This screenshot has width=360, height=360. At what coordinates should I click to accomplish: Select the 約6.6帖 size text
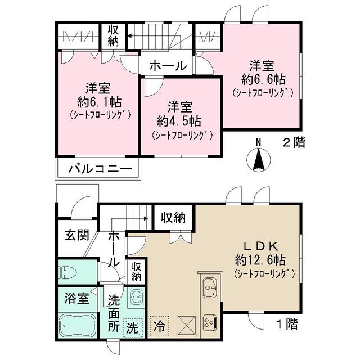tap(262, 79)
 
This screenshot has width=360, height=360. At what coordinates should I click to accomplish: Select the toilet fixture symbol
tap(67, 273)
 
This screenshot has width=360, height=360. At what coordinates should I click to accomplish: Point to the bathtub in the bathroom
tap(78, 325)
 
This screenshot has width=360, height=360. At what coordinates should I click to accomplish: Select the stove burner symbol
tap(209, 322)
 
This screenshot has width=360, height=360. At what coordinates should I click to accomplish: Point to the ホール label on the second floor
tap(168, 66)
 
